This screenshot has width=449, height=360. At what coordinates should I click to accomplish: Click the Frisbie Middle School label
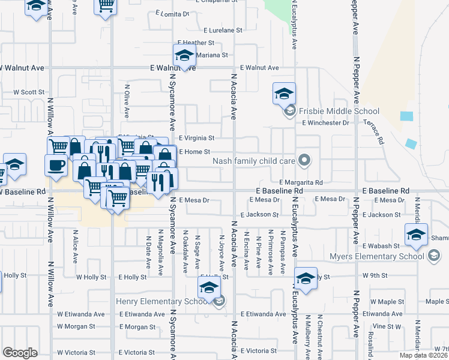pyautogui.click(x=339, y=111)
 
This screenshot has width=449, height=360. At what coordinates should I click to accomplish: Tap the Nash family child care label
pyautogui.click(x=253, y=161)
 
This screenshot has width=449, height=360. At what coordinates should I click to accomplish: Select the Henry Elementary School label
pyautogui.click(x=166, y=301)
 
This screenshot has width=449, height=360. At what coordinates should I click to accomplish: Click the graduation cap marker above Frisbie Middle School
pyautogui.click(x=284, y=94)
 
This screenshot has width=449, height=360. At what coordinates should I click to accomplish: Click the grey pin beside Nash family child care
pyautogui.click(x=304, y=160)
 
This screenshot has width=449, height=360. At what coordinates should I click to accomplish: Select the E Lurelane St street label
pyautogui.click(x=222, y=29)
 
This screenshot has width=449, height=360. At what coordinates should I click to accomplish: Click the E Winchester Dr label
pyautogui.click(x=325, y=123)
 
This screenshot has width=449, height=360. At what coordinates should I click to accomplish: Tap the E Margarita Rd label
pyautogui.click(x=301, y=182)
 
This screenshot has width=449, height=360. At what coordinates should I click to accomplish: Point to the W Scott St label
pyautogui.click(x=29, y=92)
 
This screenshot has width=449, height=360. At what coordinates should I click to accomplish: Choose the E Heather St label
pyautogui.click(x=196, y=43)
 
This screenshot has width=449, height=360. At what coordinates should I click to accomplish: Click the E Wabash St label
pyautogui.click(x=381, y=246)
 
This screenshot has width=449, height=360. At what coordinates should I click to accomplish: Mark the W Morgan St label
pyautogui.click(x=76, y=327)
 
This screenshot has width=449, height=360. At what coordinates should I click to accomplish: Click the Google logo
pyautogui.click(x=20, y=353)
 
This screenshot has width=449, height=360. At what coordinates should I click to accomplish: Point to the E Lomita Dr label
pyautogui.click(x=172, y=13)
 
